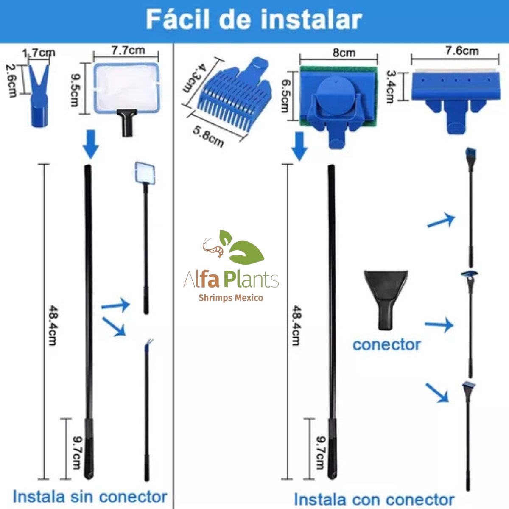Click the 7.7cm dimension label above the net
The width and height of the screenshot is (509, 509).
coord(128,50)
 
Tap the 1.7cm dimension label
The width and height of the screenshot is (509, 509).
coord(39,53)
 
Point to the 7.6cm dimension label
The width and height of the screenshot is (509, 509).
coord(462,51)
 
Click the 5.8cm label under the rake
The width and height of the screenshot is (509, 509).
coord(208,137)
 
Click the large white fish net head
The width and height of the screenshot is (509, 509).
coord(127,88)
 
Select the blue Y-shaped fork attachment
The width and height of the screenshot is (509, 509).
coord(39,95)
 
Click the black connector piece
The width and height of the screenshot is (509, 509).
coord(386,299)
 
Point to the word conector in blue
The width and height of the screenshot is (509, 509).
coord(386,345)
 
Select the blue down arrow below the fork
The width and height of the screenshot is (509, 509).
coord(91,144)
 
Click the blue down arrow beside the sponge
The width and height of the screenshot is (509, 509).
coord(299,146)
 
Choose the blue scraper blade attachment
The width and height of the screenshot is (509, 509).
coord(456,101)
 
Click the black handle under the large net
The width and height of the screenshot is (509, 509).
coord(127,123)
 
